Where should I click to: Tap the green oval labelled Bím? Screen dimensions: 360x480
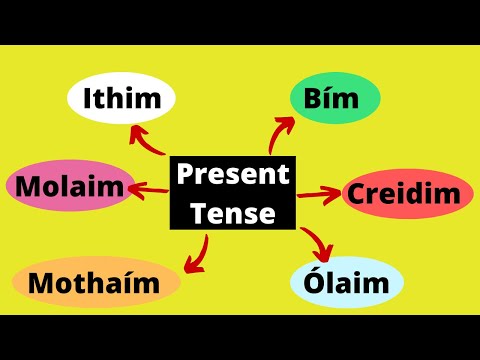click(335, 101)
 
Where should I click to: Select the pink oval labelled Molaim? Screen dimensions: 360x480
click(69, 185)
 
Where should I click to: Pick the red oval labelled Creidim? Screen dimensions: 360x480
click(408, 193)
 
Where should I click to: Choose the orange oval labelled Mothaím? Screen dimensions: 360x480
click(95, 284)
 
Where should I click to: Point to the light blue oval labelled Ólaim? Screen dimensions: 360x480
click(347, 283)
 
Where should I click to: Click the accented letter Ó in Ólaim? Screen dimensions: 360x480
click(313, 282)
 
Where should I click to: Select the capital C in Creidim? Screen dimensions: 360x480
click(359, 193)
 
